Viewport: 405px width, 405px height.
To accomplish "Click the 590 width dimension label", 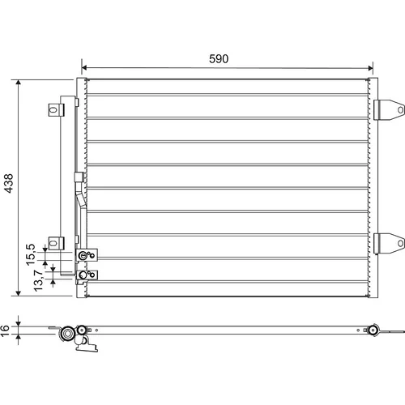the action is coord(219,58).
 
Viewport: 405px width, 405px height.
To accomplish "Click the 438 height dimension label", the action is coord(9,183).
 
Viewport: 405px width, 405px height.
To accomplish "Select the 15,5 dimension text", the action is coord(31,254).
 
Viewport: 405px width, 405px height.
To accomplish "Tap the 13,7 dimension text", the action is coord(38,280).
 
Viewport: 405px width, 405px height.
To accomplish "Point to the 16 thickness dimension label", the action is coord(5,330).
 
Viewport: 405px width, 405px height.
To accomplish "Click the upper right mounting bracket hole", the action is coord(400,110).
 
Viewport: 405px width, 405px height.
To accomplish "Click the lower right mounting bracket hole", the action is coord(400,243).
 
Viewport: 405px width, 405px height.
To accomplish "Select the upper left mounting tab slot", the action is coord(53,110).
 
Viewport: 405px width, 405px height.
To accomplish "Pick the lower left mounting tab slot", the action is coord(53,243).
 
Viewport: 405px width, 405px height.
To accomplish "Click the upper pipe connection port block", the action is coord(87,255).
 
